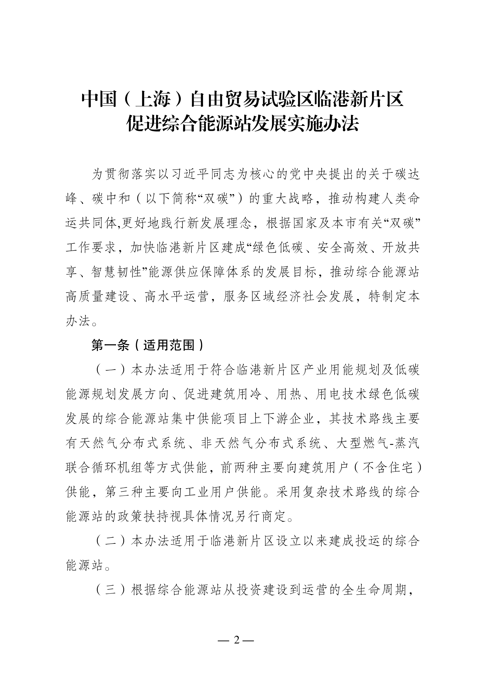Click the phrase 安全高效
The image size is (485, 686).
pyautogui.click(x=343, y=248)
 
